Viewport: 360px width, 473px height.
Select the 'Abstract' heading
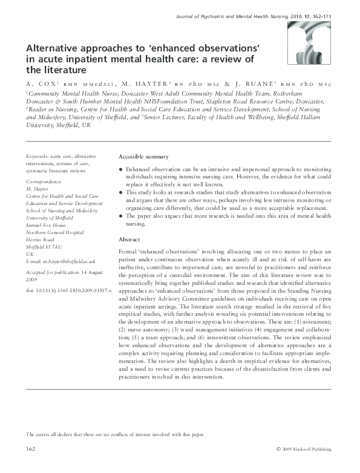click(131, 239)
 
